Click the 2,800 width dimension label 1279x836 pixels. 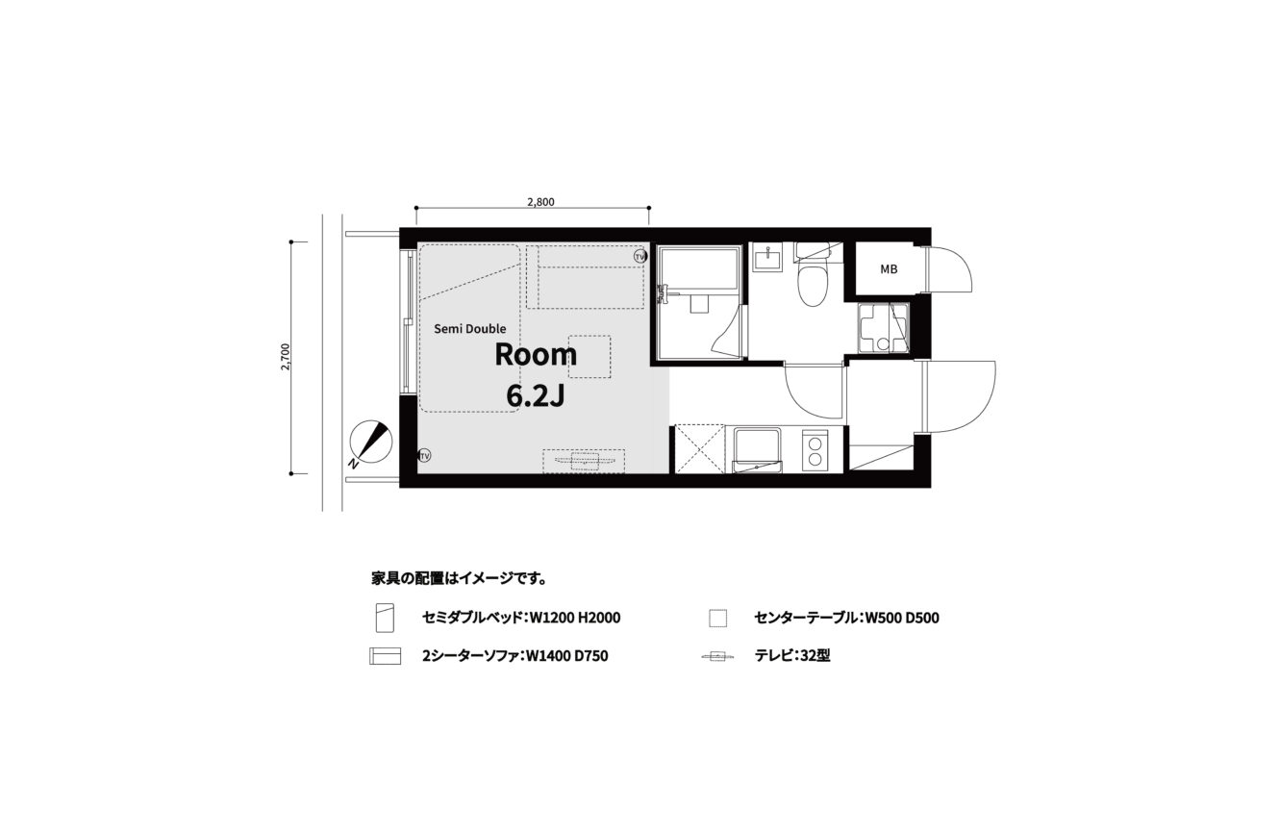[x=540, y=202]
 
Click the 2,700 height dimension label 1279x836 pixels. [x=286, y=357]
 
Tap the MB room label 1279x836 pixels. [x=889, y=269]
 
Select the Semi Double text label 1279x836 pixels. [x=470, y=329]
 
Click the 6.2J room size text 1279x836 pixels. [x=535, y=395]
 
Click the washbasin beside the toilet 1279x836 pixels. [x=767, y=258]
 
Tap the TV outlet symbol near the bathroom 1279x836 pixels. [x=640, y=257]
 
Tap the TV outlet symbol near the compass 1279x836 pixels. [x=424, y=456]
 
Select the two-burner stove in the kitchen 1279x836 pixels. [x=815, y=450]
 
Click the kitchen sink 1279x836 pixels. [x=757, y=450]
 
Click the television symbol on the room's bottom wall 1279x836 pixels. [x=584, y=461]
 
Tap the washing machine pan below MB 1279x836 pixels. [x=883, y=328]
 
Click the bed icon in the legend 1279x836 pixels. [x=385, y=618]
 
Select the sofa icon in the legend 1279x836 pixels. [x=385, y=656]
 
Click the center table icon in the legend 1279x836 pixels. [x=717, y=619]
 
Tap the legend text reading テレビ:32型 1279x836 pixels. [x=792, y=655]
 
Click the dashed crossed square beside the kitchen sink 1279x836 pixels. [x=699, y=449]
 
